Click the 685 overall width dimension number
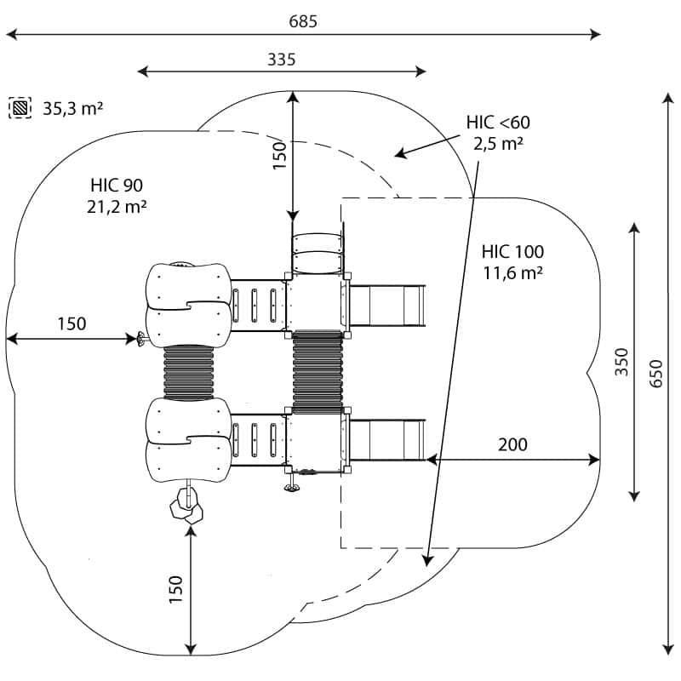click(303, 21)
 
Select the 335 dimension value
click(281, 60)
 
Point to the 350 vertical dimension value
click(621, 363)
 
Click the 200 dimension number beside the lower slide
click(512, 444)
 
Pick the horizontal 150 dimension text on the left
click(72, 323)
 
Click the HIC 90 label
click(117, 185)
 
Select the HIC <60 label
click(498, 123)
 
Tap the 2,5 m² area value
click(498, 143)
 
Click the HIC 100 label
click(512, 252)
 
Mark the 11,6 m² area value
click(512, 272)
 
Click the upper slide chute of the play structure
click(387, 306)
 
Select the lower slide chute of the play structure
click(387, 439)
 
